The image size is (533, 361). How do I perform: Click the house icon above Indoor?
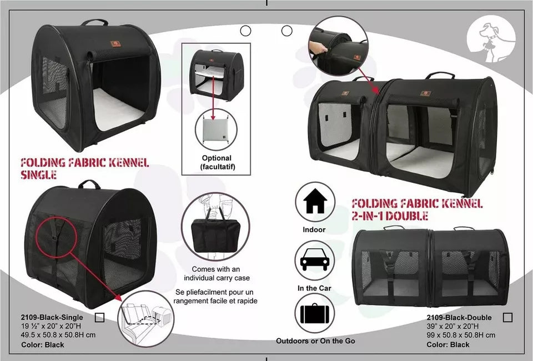(315, 202)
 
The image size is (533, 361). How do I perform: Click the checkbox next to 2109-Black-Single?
(100, 318)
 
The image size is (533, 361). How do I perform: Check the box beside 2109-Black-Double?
(507, 318)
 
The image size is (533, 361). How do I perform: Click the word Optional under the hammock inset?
(217, 158)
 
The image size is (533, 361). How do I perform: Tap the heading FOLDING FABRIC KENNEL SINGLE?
(84, 168)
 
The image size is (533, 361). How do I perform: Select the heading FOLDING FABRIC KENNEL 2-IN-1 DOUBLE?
(416, 209)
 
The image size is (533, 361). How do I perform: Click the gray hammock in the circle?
(216, 135)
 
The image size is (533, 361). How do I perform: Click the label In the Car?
(314, 288)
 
